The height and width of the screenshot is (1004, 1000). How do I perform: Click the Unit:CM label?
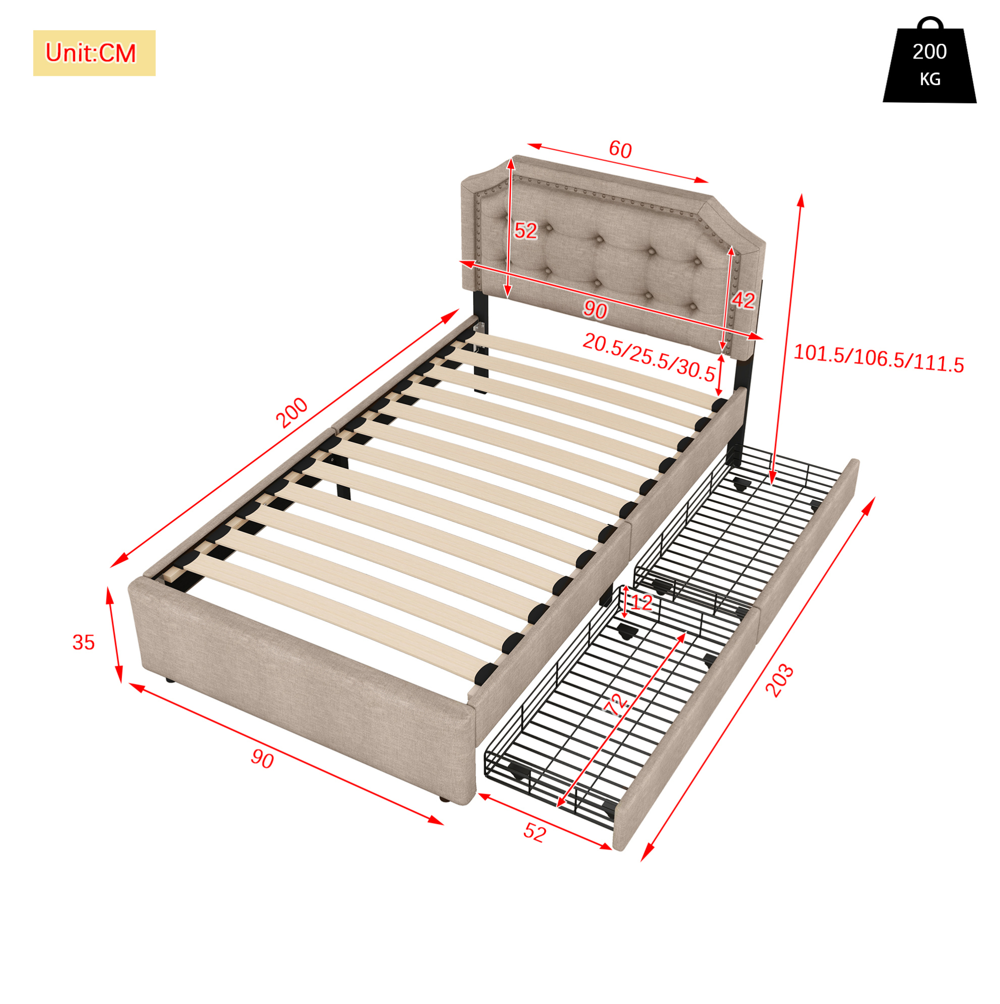(91, 53)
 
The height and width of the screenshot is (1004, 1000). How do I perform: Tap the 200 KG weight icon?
(929, 61)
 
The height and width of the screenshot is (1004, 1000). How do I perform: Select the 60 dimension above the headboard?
(620, 150)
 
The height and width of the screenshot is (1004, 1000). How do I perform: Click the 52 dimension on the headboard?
(525, 230)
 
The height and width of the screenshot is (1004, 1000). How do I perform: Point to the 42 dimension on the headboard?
(743, 300)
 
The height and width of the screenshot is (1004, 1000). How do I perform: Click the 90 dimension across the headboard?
(595, 310)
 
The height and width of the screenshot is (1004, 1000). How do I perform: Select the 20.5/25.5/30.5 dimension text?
(649, 358)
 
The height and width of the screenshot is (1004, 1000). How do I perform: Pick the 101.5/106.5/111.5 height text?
(878, 359)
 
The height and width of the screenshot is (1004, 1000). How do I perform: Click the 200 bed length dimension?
(291, 412)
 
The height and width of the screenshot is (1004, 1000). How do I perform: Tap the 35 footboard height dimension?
(84, 643)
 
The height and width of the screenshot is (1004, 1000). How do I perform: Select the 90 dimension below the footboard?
(262, 759)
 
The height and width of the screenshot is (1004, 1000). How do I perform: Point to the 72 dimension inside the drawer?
(617, 705)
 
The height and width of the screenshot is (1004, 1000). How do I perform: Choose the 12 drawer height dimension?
(641, 603)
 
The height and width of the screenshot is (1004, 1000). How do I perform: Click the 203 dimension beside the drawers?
(780, 680)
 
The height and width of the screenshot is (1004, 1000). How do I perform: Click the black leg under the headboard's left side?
(480, 343)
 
